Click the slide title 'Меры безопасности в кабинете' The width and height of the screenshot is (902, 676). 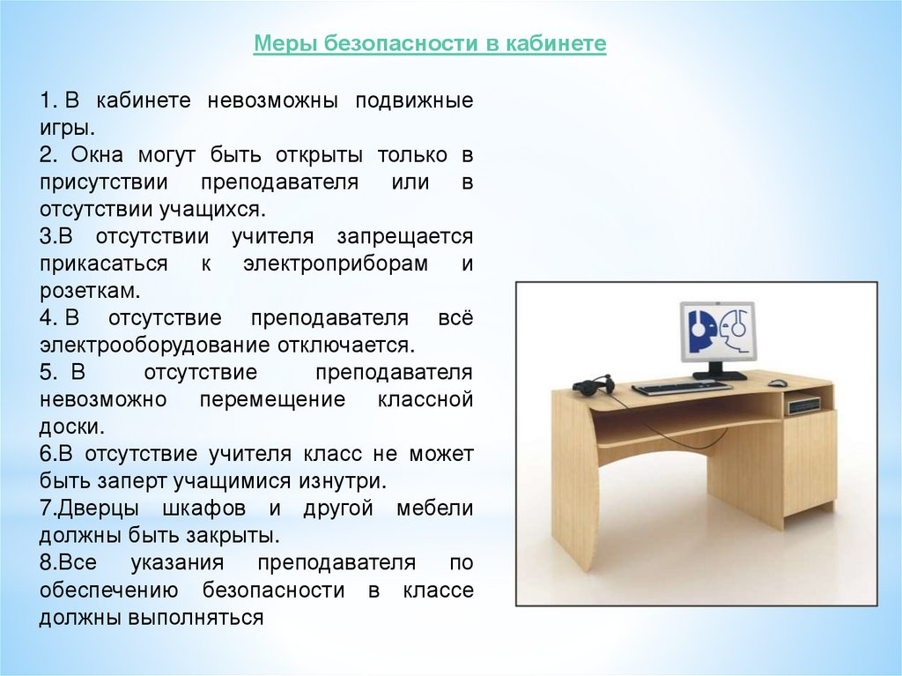click(430, 43)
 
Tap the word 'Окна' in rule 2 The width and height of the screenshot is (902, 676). click(97, 155)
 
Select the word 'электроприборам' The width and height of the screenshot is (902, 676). click(336, 264)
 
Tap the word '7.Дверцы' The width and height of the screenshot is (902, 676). click(89, 509)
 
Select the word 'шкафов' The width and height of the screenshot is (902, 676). click(204, 509)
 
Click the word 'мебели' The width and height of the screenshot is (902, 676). click(434, 509)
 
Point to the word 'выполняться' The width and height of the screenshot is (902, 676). click(196, 617)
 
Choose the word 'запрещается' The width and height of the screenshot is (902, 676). click(405, 237)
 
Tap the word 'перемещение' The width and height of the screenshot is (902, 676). click(272, 399)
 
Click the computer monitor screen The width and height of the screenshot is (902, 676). click(717, 332)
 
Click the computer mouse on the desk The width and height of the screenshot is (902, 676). click(778, 383)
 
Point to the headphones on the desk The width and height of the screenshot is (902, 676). click(592, 385)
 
